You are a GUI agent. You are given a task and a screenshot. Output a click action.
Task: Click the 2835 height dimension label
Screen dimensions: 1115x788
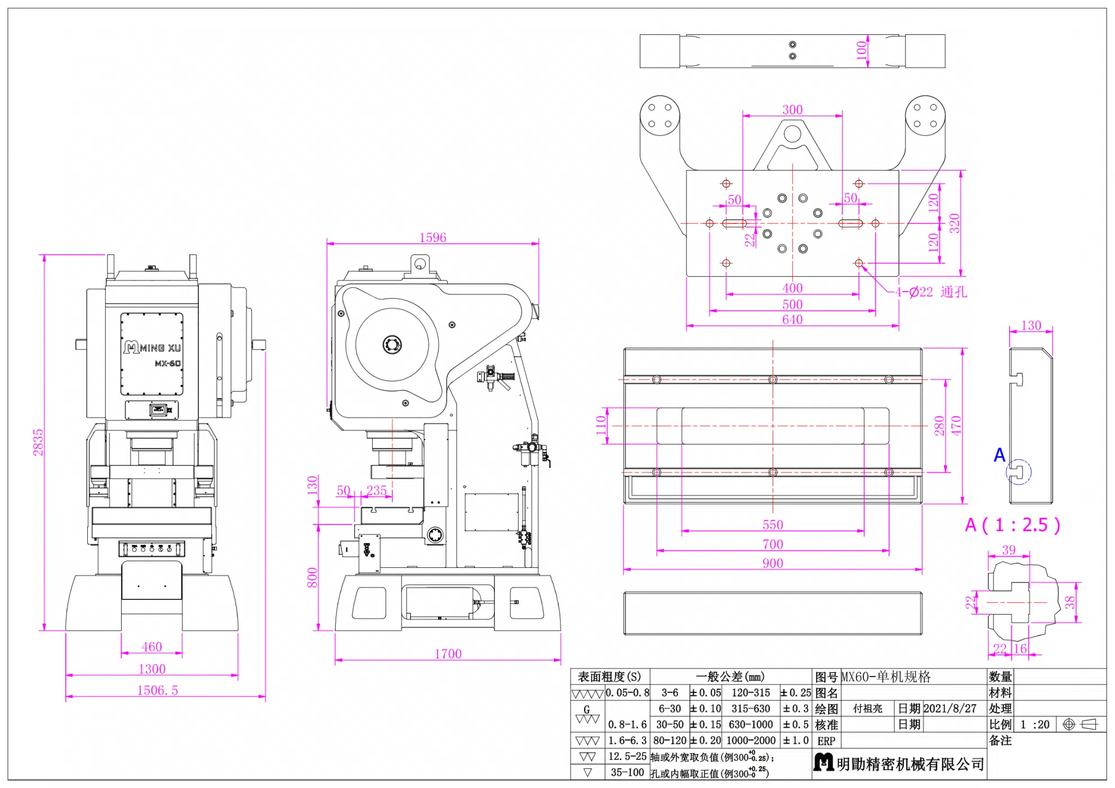pyautogui.click(x=38, y=442)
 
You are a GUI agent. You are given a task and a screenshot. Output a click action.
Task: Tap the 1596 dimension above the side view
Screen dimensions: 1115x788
pyautogui.click(x=432, y=238)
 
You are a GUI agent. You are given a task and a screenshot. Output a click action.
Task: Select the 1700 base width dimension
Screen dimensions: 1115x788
pyautogui.click(x=448, y=653)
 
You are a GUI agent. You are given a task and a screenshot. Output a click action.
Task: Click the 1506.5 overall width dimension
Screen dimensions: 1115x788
pyautogui.click(x=158, y=690)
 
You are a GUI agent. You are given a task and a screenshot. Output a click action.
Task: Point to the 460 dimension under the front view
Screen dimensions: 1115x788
pyautogui.click(x=151, y=647)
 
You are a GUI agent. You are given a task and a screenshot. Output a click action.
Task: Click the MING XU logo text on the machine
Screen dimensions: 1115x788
pyautogui.click(x=153, y=347)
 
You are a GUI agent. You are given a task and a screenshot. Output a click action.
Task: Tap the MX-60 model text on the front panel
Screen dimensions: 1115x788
pyautogui.click(x=168, y=364)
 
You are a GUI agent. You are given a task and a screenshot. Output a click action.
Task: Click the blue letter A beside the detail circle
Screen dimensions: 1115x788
pyautogui.click(x=1000, y=455)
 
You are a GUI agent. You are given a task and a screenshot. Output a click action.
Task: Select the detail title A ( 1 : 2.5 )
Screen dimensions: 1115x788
pyautogui.click(x=1013, y=525)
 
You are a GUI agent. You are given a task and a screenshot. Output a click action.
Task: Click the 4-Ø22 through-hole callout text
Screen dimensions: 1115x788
pyautogui.click(x=931, y=292)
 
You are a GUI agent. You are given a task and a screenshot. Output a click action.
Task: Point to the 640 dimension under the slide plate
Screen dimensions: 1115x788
pyautogui.click(x=792, y=320)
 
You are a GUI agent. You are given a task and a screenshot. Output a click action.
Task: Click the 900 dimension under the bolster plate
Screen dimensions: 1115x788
pyautogui.click(x=773, y=563)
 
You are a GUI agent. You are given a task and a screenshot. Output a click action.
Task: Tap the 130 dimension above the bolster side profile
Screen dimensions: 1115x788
pyautogui.click(x=1031, y=325)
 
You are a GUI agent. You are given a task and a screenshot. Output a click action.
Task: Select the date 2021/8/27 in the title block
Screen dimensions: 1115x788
pyautogui.click(x=950, y=709)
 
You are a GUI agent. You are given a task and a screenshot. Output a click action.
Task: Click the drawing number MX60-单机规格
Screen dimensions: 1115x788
pyautogui.click(x=886, y=677)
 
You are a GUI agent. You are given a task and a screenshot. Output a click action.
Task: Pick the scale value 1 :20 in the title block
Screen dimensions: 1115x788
pyautogui.click(x=1035, y=724)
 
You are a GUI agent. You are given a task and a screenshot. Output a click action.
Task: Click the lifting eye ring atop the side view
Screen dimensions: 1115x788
pyautogui.click(x=419, y=263)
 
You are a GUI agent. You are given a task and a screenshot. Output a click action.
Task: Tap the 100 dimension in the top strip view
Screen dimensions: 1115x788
pyautogui.click(x=862, y=50)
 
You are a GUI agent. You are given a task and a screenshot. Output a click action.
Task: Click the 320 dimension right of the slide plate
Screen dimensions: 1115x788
pyautogui.click(x=954, y=223)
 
